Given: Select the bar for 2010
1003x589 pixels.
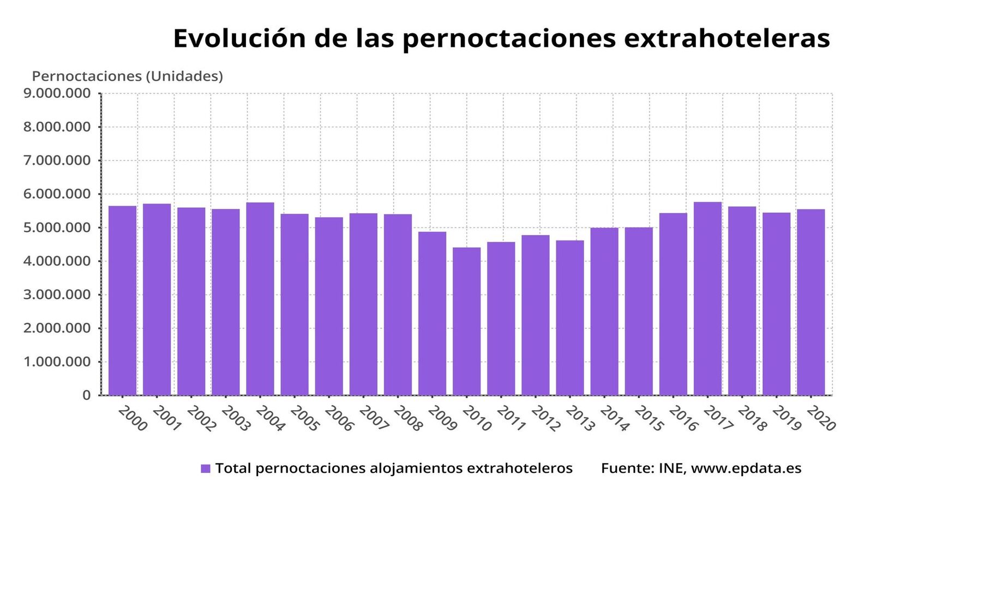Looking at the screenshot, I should pyautogui.click(x=466, y=321).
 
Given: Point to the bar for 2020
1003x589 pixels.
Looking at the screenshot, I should pyautogui.click(x=810, y=302).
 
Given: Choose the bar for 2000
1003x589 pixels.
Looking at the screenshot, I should pyautogui.click(x=122, y=300).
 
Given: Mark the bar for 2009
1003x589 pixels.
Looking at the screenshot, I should pyautogui.click(x=432, y=314).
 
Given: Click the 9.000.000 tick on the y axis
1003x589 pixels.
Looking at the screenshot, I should pyautogui.click(x=57, y=93).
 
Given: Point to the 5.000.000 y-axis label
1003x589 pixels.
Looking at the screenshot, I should pyautogui.click(x=57, y=227).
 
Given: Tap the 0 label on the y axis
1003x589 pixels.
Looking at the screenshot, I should pyautogui.click(x=86, y=395).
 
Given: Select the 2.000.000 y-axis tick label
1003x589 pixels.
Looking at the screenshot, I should pyautogui.click(x=57, y=328).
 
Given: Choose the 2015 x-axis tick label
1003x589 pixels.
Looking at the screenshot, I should pyautogui.click(x=649, y=418).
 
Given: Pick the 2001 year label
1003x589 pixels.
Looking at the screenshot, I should pyautogui.click(x=167, y=418).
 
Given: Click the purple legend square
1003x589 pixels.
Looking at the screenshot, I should pyautogui.click(x=206, y=468).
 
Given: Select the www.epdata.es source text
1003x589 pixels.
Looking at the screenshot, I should pyautogui.click(x=746, y=468).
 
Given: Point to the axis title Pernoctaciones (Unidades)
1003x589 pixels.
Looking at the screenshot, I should pyautogui.click(x=128, y=76).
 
